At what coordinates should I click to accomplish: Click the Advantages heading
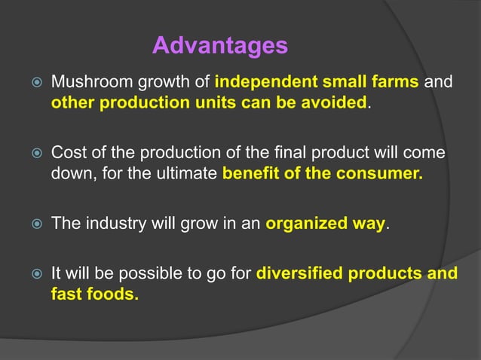(x=219, y=46)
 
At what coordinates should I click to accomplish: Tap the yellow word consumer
(x=384, y=175)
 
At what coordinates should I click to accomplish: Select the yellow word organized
(x=305, y=224)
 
